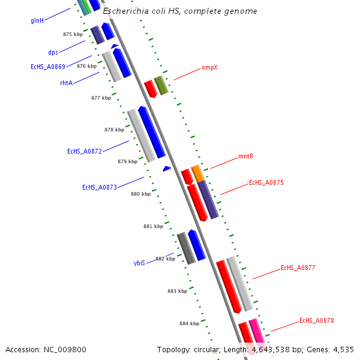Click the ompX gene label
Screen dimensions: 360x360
[209, 68]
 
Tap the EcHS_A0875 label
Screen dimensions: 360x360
[266, 182]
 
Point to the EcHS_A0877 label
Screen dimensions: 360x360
[298, 268]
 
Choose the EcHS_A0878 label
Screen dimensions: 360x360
[316, 321]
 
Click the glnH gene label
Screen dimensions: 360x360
[37, 20]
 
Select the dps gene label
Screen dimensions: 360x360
[53, 52]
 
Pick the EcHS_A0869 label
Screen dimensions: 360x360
[48, 67]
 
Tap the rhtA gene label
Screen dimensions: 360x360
[66, 83]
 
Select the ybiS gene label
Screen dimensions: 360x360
[139, 263]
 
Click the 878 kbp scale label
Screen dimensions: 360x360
[114, 130]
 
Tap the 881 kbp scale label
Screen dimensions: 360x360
[153, 226]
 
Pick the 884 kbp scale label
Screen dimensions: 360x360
[189, 323]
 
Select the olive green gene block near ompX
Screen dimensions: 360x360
[161, 85]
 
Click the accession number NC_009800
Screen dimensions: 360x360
[46, 349]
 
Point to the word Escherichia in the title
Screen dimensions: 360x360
[126, 11]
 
